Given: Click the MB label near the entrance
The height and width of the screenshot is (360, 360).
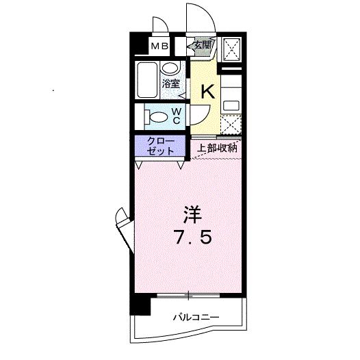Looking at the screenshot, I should (159, 47).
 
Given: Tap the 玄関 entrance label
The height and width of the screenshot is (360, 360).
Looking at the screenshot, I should (202, 46).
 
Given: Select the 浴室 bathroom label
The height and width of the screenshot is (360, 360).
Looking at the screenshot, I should (170, 83).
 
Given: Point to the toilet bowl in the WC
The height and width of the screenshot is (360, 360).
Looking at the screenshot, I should (157, 115).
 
